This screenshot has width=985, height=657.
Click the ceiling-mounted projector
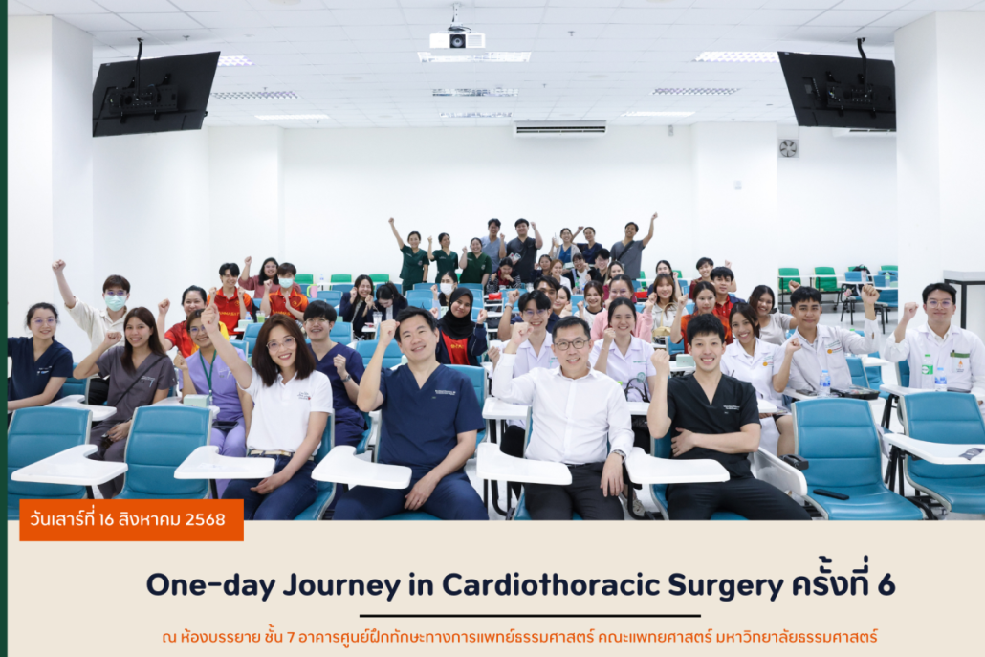tap(457, 39)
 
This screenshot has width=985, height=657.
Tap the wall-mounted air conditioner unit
tap(559, 128)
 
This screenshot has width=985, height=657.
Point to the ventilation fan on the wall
tap(788, 148)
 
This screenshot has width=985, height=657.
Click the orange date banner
tap(131, 519)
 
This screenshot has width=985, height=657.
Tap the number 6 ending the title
tap(886, 584)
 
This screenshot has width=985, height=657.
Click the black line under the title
tap(530, 616)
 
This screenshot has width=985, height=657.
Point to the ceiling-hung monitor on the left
tap(155, 93)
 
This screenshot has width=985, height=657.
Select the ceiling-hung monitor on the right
tap(838, 91)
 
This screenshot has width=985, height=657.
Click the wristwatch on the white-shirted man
tap(619, 453)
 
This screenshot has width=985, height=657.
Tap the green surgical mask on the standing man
tap(115, 302)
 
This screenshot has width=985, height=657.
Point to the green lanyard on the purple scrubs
tap(208, 372)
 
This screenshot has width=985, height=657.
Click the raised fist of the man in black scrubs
tap(660, 362)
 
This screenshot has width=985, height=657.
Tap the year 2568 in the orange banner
tap(204, 519)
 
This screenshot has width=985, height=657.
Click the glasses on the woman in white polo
tap(281, 343)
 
